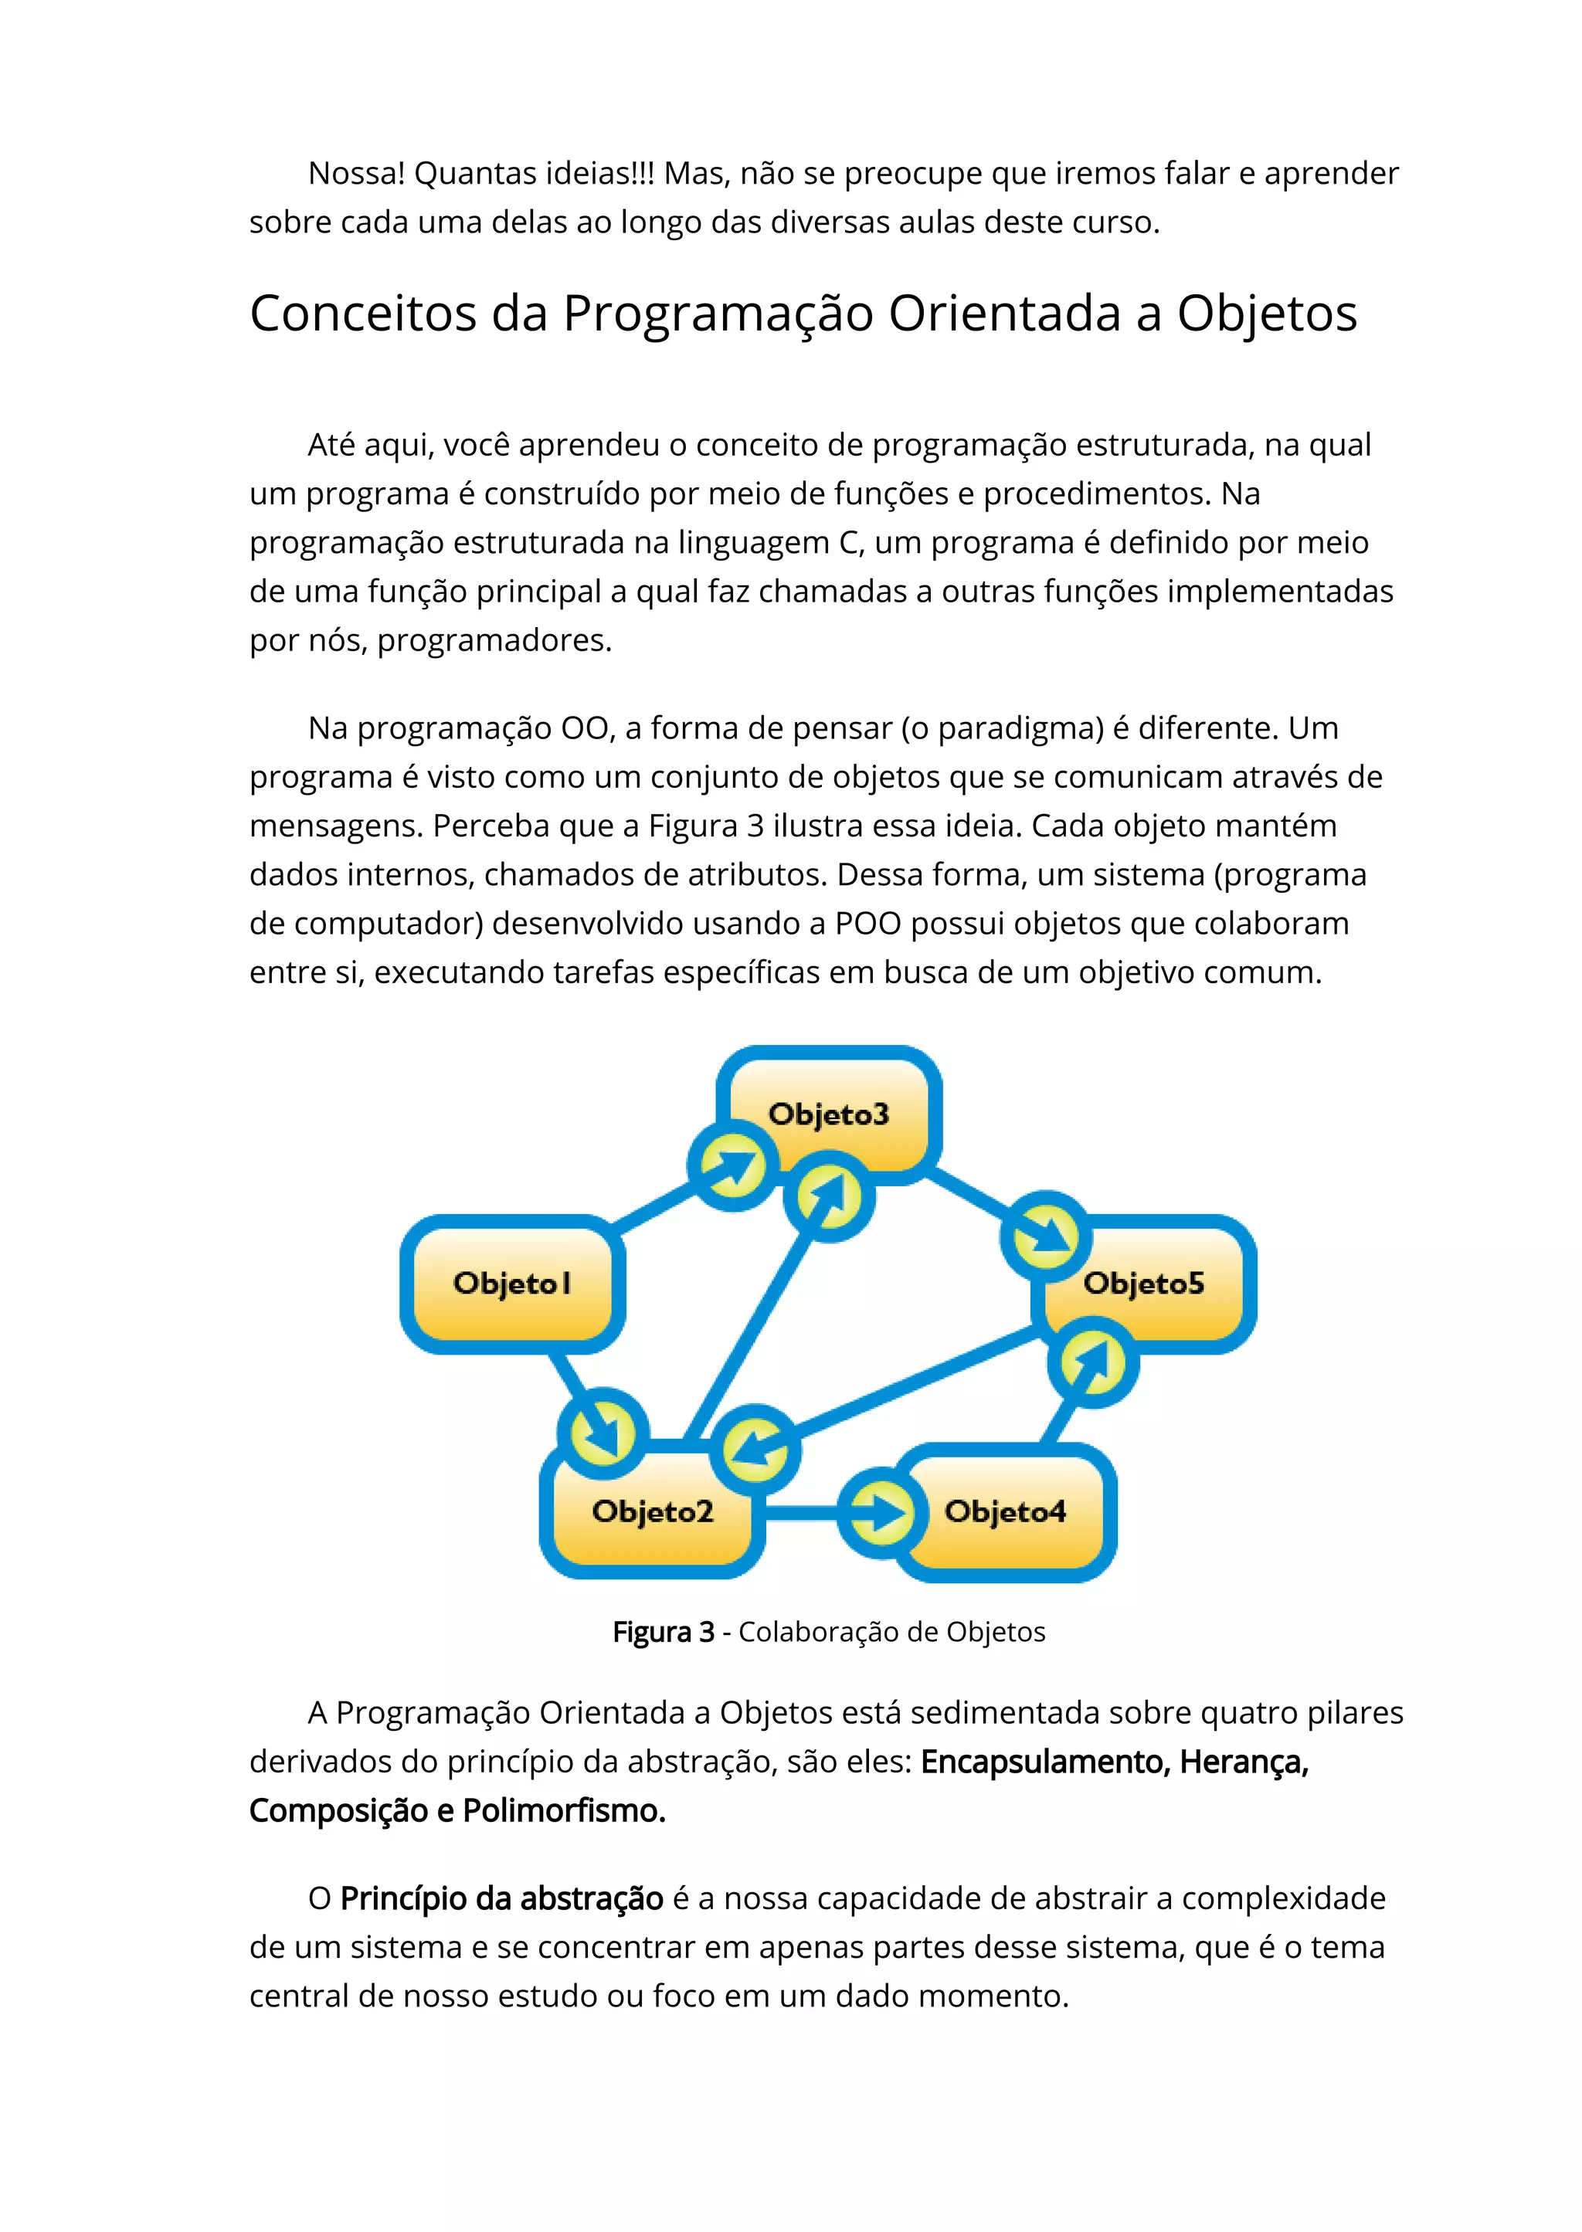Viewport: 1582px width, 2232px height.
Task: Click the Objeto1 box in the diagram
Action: coord(512,1284)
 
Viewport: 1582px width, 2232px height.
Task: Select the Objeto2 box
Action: coord(652,1511)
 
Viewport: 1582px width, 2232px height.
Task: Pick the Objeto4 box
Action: coord(1005,1511)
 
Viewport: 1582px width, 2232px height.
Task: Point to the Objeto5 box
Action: coord(1145,1284)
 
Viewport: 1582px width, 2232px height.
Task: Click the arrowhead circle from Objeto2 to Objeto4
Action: coord(881,1512)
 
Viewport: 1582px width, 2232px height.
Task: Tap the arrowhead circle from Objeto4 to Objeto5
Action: coord(1093,1362)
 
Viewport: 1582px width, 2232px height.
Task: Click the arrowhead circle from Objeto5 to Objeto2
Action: coord(755,1450)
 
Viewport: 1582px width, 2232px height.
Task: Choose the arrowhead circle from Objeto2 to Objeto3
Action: coord(829,1196)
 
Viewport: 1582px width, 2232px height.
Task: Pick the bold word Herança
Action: coord(1243,1762)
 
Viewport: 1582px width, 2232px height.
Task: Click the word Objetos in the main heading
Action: coord(1266,314)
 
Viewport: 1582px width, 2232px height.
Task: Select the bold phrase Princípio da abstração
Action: coord(501,1898)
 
